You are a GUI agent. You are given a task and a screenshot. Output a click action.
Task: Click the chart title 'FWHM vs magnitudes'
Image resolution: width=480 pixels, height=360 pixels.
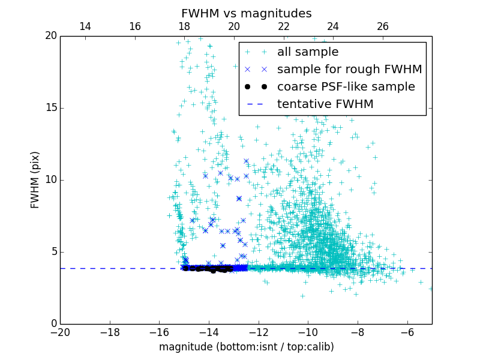tap(246, 13)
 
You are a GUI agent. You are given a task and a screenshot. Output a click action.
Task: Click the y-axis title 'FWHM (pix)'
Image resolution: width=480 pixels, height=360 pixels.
tap(35, 180)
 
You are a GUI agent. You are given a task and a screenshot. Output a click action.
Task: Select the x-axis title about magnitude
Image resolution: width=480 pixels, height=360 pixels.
tap(246, 347)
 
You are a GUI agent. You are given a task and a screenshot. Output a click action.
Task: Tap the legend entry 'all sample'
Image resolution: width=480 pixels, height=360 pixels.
tap(307, 52)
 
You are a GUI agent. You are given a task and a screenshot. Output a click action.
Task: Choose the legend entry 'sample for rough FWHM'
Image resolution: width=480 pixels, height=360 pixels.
tap(349, 70)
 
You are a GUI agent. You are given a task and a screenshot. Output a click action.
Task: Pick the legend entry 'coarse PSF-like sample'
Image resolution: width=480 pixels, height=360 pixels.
tap(346, 87)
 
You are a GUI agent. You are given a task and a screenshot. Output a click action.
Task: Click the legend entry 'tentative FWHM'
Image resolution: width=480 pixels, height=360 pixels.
tap(325, 104)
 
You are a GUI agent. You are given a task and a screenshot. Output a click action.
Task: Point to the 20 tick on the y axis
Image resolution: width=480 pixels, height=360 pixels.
tap(50, 36)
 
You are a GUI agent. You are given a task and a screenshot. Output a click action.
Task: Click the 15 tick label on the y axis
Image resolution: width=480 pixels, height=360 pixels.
tap(50, 108)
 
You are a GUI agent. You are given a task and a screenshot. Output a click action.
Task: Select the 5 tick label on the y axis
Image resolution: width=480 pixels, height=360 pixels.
tap(53, 252)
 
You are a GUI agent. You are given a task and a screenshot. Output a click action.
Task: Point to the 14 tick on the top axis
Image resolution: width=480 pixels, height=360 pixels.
tap(85, 26)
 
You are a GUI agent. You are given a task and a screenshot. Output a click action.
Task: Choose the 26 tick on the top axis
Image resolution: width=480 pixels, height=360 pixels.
tap(383, 26)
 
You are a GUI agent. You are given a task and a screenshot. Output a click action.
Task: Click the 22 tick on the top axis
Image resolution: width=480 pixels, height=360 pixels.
tap(284, 26)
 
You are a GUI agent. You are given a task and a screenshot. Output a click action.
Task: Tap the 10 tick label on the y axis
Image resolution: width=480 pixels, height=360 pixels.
tap(50, 180)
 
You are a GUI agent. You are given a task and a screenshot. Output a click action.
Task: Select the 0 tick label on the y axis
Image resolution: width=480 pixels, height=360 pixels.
tap(53, 324)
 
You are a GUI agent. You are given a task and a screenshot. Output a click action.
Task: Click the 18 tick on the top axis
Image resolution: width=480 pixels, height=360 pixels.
tap(184, 26)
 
